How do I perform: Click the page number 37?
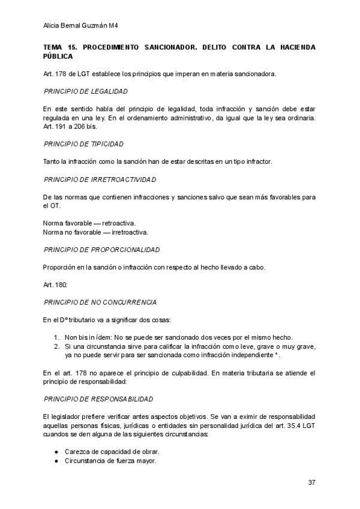point(311,482)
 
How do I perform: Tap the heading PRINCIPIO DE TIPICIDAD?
point(84,145)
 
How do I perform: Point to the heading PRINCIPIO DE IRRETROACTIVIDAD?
point(100,179)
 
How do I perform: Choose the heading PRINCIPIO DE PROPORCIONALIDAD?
point(101,249)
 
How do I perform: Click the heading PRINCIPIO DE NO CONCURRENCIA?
point(100,301)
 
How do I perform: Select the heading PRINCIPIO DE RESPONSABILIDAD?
point(98,399)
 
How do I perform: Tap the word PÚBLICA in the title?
point(58,56)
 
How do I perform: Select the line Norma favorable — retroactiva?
point(89,223)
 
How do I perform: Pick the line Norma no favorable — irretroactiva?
point(95,232)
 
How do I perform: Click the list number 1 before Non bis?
point(56,337)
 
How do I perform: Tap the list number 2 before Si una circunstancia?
point(56,346)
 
